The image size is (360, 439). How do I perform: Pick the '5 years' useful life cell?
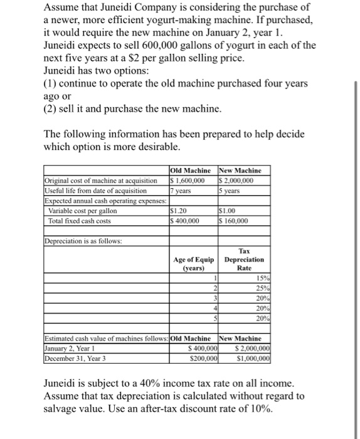tap(230, 190)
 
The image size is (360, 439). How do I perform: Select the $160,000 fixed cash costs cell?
tap(235, 221)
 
